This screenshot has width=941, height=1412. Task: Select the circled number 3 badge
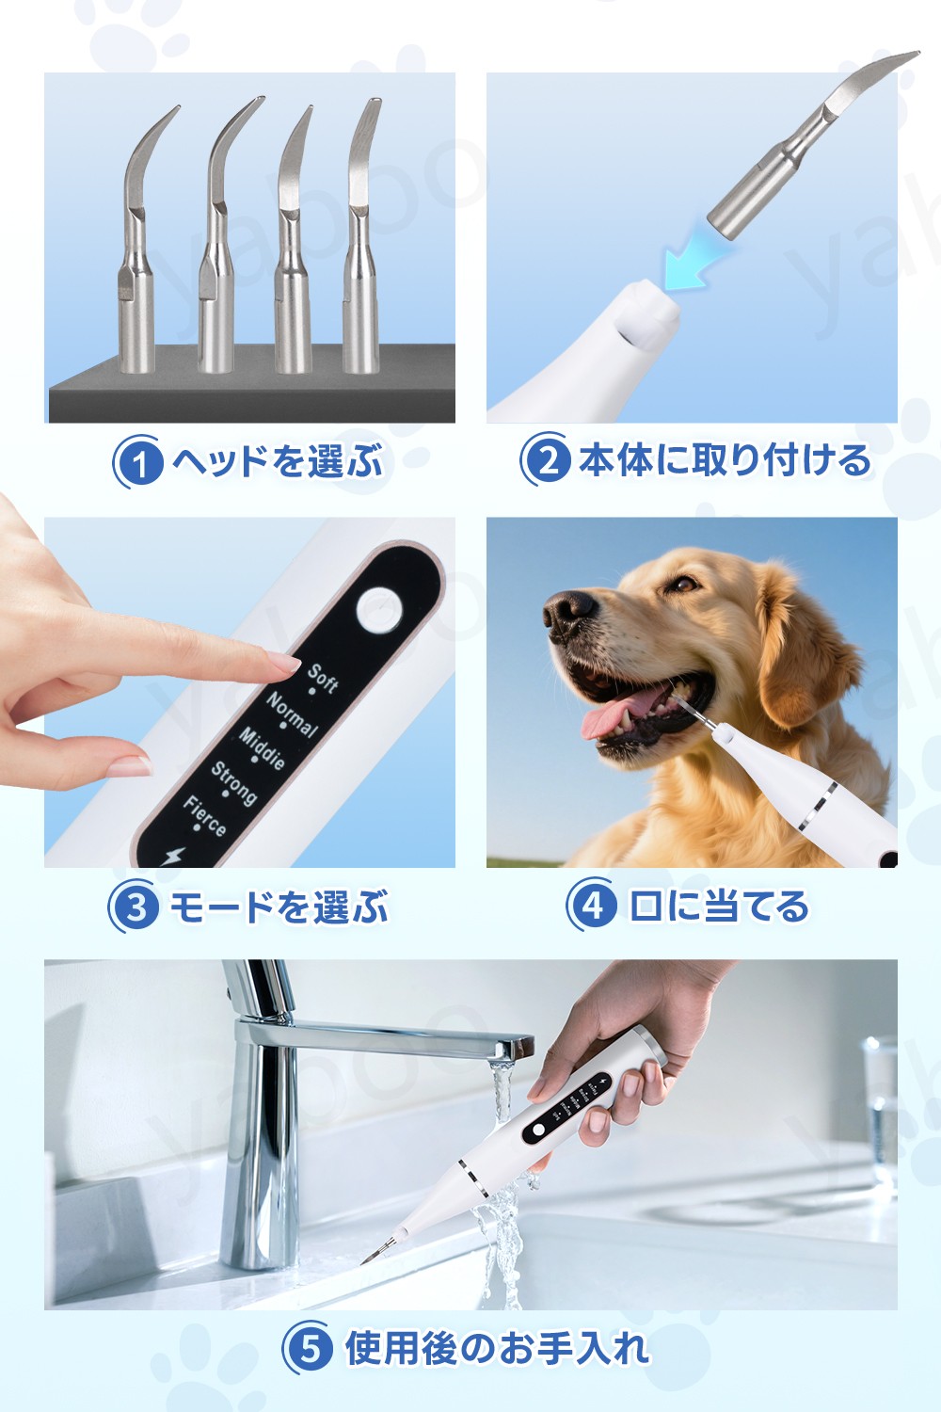(135, 907)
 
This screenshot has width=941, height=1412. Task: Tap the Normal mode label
(292, 714)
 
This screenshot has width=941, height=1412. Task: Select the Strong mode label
(233, 783)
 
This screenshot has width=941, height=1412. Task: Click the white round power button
(379, 610)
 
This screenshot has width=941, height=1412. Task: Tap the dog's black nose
(569, 611)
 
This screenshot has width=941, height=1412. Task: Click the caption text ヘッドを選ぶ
(279, 461)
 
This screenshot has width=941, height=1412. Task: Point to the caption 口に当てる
(719, 906)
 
